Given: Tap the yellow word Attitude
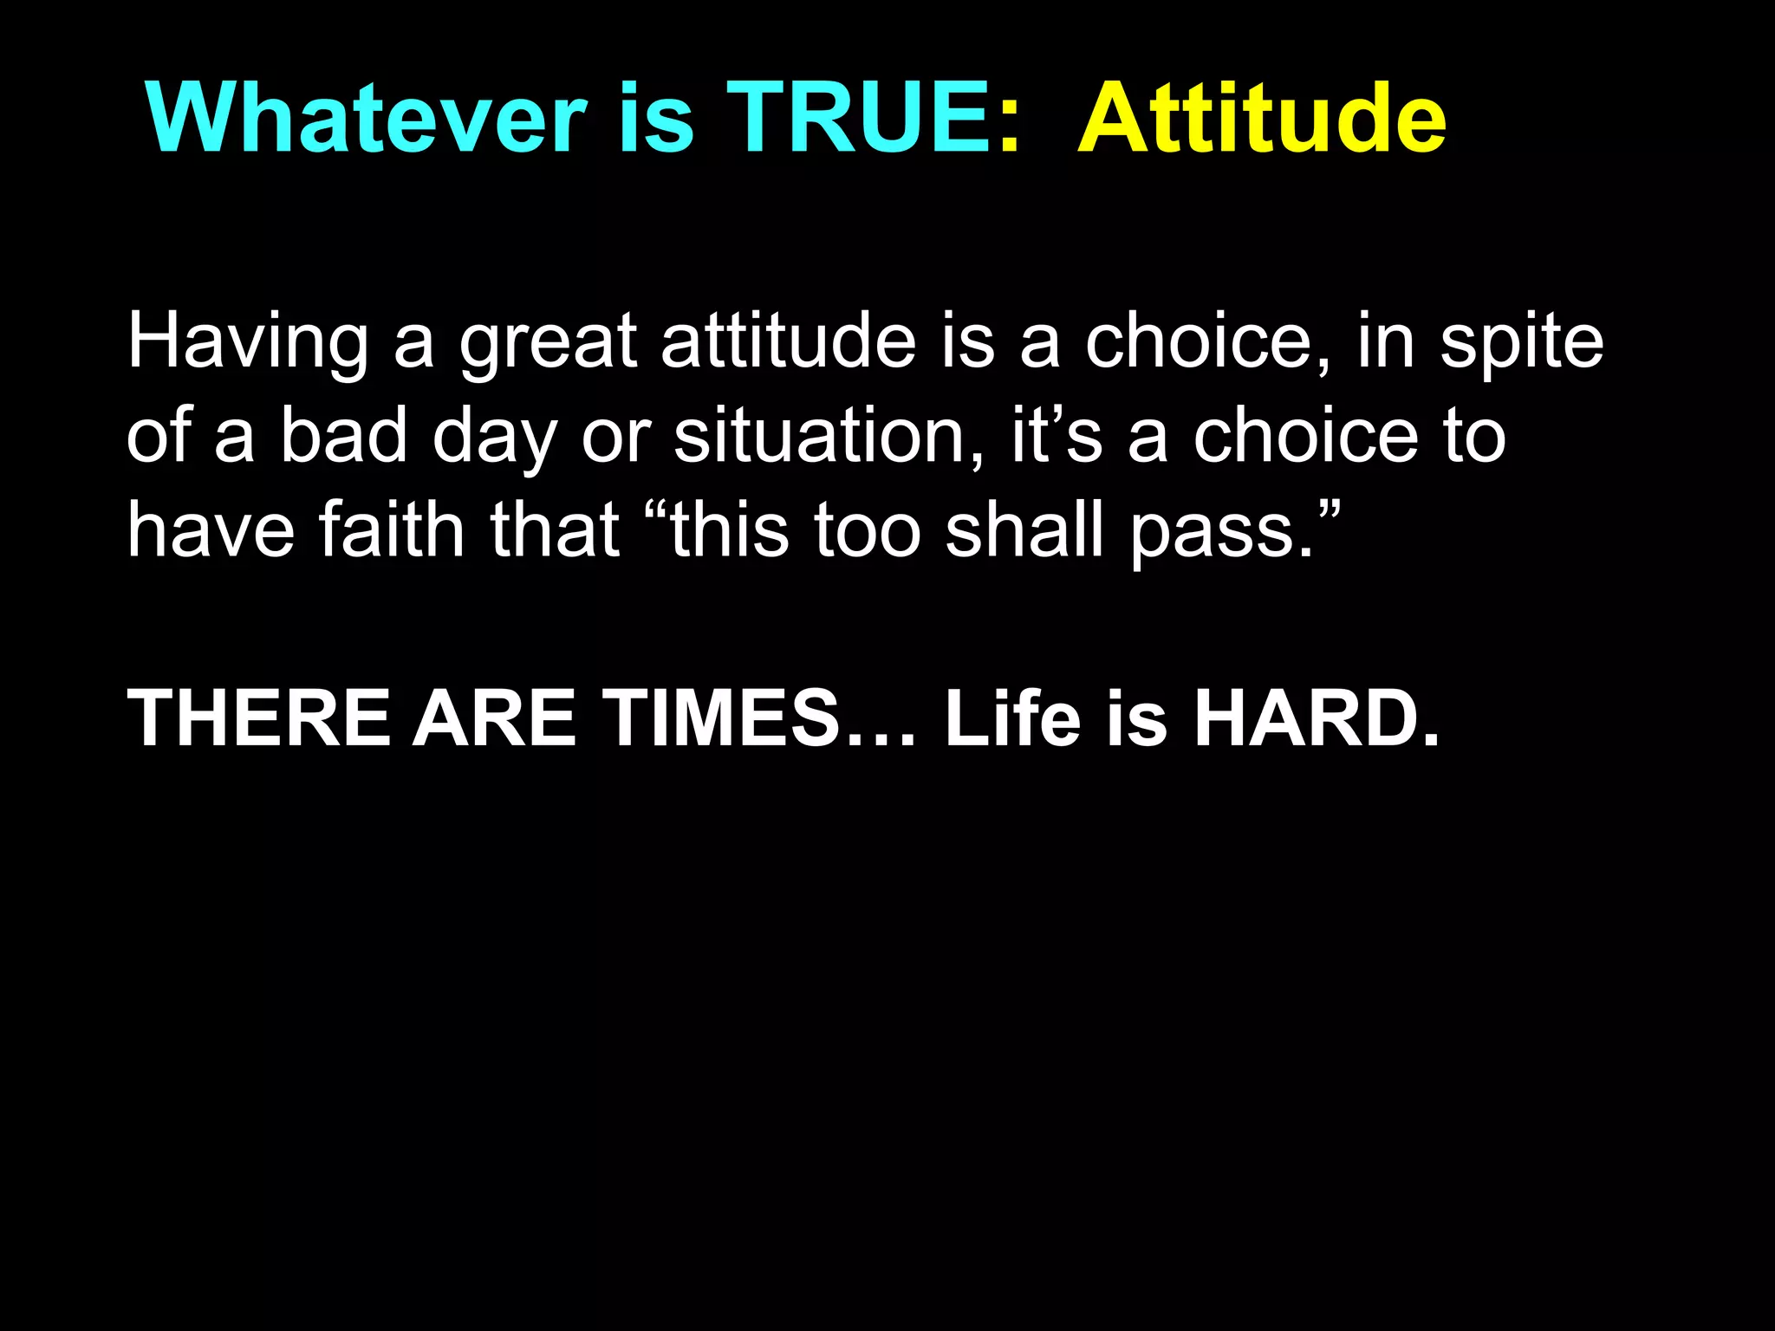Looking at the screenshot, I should click(x=1261, y=119).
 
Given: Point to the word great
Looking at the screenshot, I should click(x=549, y=343).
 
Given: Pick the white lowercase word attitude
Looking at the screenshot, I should click(x=788, y=341).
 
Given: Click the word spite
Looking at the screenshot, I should click(x=1521, y=343).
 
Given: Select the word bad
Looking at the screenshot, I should click(x=343, y=435).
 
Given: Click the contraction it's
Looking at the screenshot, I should click(x=1057, y=435).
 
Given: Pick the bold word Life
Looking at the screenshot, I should click(x=1013, y=718).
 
